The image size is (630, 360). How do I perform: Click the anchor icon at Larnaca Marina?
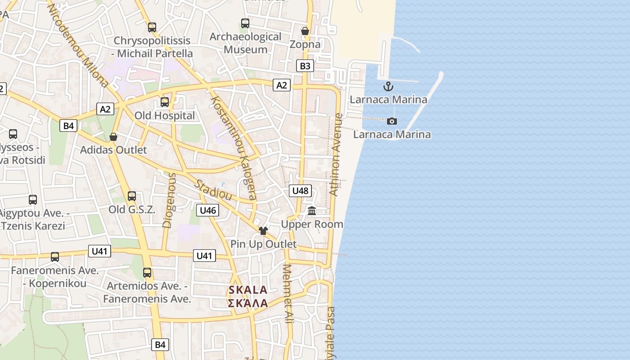[388, 86]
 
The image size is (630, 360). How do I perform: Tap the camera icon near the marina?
[392, 121]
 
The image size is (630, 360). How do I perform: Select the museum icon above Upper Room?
[312, 211]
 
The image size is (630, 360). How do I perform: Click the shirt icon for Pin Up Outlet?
[263, 231]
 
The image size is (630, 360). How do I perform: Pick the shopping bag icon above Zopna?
[305, 31]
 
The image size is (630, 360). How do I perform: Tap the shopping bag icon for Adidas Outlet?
[113, 137]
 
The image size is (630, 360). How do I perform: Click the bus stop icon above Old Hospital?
[165, 102]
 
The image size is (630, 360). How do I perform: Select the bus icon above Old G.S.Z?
[132, 196]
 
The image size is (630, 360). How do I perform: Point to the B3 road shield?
[305, 66]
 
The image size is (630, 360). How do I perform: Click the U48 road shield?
[300, 191]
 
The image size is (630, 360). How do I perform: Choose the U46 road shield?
[208, 210]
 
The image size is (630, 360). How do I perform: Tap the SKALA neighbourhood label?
[248, 296]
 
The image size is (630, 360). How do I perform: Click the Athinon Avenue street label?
[336, 155]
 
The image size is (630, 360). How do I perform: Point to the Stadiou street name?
[213, 190]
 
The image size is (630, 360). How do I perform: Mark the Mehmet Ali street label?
[288, 293]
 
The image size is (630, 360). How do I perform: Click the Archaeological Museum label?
[246, 43]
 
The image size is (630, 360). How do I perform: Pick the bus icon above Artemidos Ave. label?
[147, 273]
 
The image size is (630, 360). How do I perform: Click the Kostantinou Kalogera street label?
[234, 148]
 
